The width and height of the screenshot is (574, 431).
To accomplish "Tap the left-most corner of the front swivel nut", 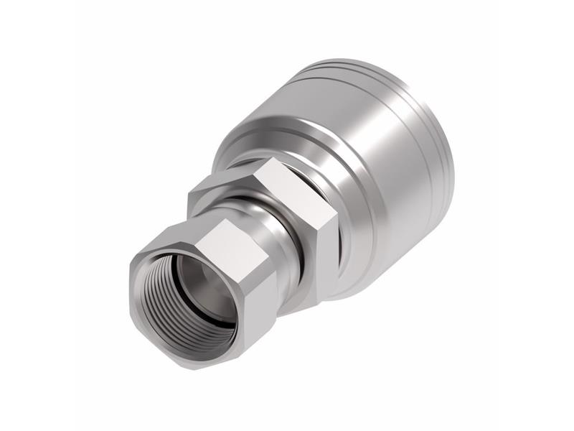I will click(x=131, y=287).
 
